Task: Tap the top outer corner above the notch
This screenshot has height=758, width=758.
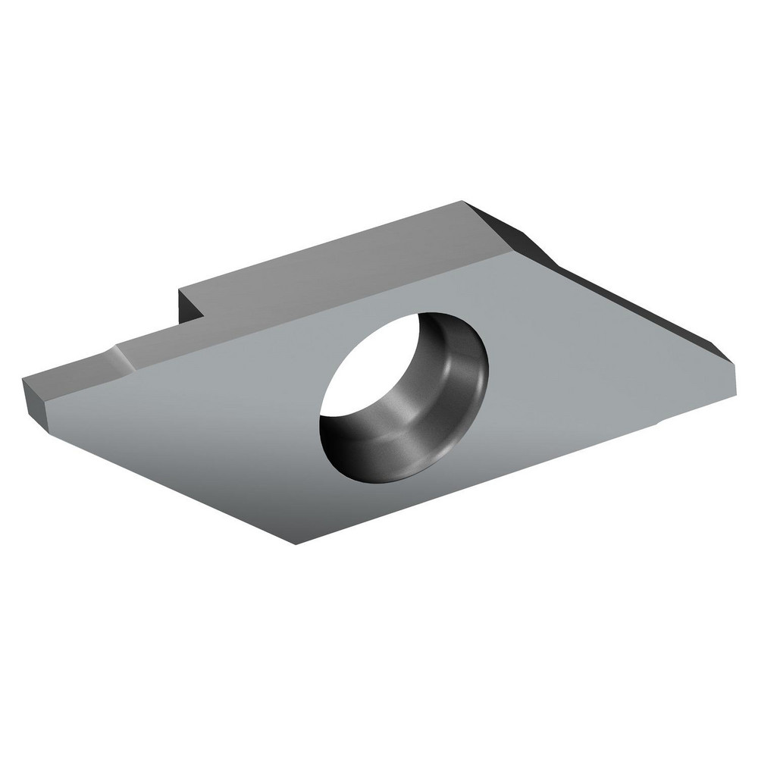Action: point(180,288)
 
